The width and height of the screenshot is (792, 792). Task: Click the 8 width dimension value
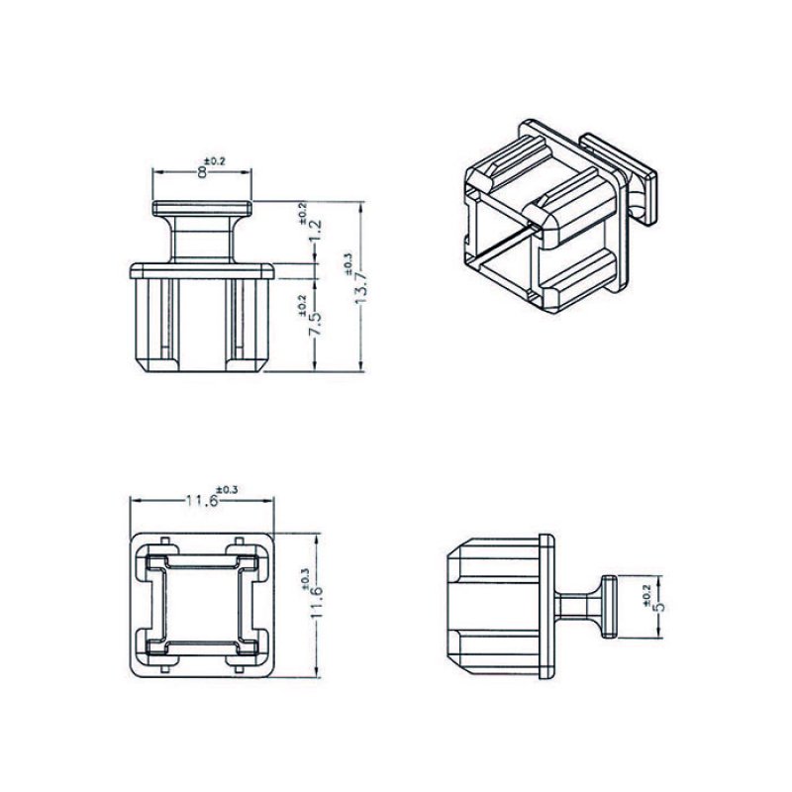click(x=202, y=172)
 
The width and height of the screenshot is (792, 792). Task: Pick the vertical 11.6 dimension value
click(x=317, y=603)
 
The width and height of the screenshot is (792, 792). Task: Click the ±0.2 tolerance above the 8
click(x=214, y=159)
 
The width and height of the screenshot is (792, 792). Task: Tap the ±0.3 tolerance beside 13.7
click(x=346, y=261)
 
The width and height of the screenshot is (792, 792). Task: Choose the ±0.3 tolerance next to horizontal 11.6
click(x=226, y=489)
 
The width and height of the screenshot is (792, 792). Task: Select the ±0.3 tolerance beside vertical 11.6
click(x=302, y=577)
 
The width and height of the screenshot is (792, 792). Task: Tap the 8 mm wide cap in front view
click(x=202, y=209)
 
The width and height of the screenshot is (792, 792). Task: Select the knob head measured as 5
click(x=611, y=605)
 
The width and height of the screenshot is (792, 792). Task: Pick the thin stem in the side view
click(x=579, y=605)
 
